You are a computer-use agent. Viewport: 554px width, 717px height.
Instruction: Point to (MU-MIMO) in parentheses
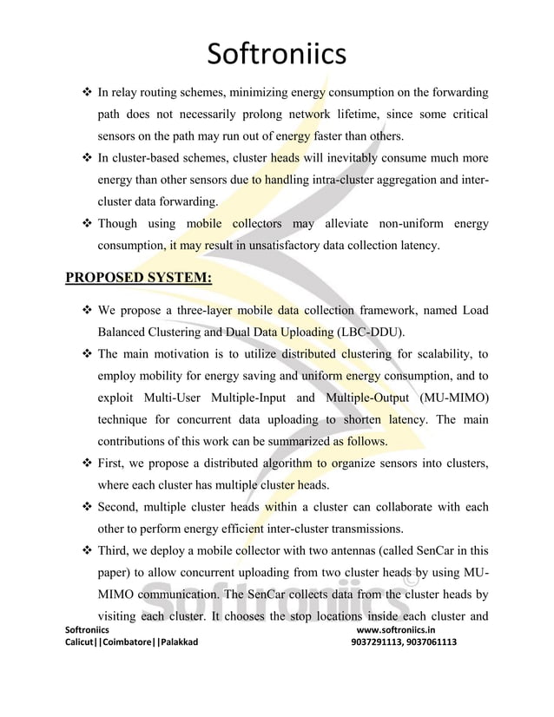453,398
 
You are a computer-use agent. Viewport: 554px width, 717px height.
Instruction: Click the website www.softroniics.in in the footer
401,629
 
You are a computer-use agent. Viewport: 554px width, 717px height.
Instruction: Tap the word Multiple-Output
365,398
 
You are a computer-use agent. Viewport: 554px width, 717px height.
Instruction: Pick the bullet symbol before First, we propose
87,465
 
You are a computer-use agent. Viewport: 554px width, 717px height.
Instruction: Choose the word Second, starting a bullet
121,508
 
